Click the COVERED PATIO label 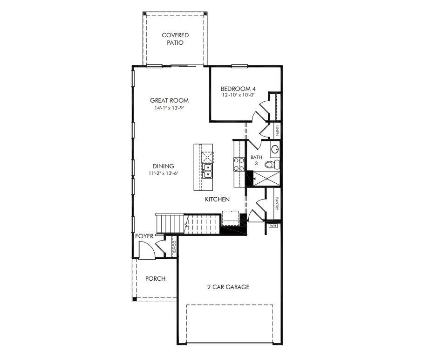point(175,39)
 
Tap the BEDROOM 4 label point(238,89)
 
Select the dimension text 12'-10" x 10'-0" point(238,96)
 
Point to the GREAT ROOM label point(169,100)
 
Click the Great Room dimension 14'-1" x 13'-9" point(169,108)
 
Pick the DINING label point(163,166)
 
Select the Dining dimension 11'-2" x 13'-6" point(163,173)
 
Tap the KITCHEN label point(218,200)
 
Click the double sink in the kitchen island point(207,171)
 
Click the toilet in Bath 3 point(273,164)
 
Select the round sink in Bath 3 point(275,149)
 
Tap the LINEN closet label point(277,130)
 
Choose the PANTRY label point(277,203)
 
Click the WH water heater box point(273,226)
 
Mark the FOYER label point(144,236)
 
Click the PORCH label point(155,278)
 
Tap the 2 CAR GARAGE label point(228,287)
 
